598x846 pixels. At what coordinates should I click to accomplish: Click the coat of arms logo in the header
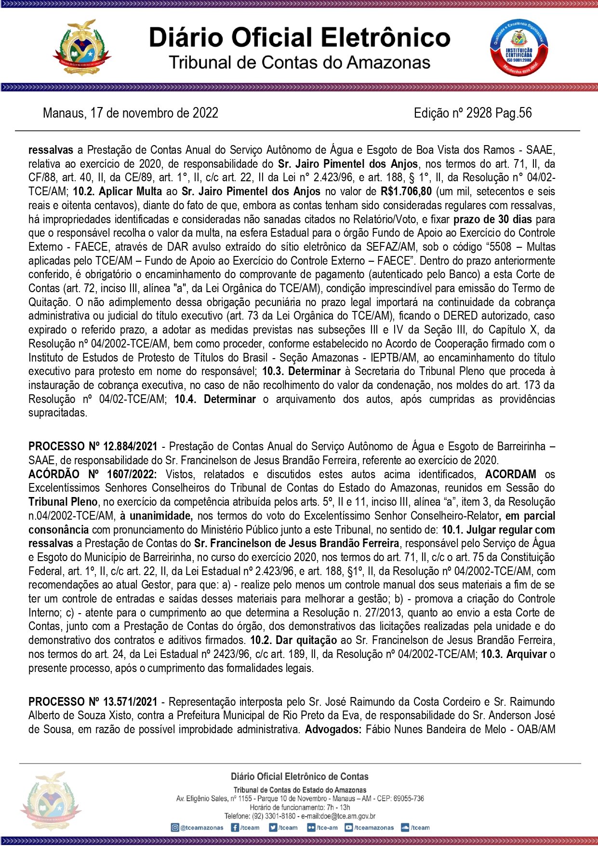[82, 47]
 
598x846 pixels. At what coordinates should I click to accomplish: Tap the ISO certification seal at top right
[518, 47]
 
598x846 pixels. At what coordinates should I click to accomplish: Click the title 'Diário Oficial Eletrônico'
[299, 38]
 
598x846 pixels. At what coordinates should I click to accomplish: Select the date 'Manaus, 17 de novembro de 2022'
[131, 113]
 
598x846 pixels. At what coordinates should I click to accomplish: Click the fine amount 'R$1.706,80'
[406, 192]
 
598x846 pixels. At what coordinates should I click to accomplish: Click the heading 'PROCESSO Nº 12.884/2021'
[93, 447]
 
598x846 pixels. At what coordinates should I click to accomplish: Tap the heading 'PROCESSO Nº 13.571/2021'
[93, 702]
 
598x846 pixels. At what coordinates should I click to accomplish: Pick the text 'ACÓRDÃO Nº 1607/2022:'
[93, 475]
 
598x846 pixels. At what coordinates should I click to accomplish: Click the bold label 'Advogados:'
[333, 730]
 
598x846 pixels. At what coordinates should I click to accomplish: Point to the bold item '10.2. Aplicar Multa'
[117, 192]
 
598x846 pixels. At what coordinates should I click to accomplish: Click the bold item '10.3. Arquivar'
[514, 655]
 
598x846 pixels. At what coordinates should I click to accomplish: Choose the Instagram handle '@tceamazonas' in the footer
[197, 828]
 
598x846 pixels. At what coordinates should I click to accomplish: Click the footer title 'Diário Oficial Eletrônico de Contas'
[299, 777]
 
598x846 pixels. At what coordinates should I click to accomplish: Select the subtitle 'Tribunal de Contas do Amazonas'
[299, 63]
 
